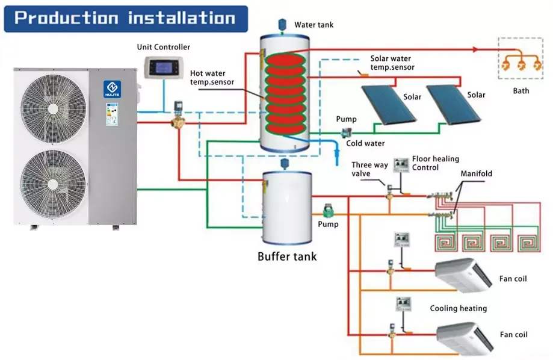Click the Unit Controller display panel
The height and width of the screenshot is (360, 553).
pyautogui.click(x=164, y=67)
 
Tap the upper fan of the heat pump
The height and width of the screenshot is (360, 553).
pyautogui.click(x=53, y=109)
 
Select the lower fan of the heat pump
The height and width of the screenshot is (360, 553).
pyautogui.click(x=53, y=184)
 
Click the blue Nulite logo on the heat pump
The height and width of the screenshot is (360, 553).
pyautogui.click(x=112, y=89)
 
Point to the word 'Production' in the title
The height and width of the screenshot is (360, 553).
pyautogui.click(x=66, y=18)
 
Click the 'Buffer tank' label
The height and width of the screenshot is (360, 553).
pyautogui.click(x=287, y=256)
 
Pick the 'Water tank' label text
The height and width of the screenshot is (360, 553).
pyautogui.click(x=314, y=25)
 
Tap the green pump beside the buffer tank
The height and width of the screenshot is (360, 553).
pyautogui.click(x=329, y=211)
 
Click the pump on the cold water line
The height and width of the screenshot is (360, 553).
pyautogui.click(x=346, y=132)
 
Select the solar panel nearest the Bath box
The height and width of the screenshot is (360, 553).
pyautogui.click(x=453, y=105)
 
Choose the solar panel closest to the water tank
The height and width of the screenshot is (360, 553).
pyautogui.click(x=389, y=105)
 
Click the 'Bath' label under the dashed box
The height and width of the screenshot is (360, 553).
pyautogui.click(x=521, y=91)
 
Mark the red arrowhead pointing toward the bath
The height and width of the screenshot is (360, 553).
pyautogui.click(x=476, y=50)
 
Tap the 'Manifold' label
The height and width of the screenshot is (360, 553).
pyautogui.click(x=476, y=173)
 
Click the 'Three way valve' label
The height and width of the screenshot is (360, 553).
pyautogui.click(x=369, y=169)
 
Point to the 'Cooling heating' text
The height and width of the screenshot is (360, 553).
pyautogui.click(x=458, y=308)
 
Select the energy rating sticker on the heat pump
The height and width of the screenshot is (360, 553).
pyautogui.click(x=112, y=114)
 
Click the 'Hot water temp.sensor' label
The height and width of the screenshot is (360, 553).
pyautogui.click(x=212, y=78)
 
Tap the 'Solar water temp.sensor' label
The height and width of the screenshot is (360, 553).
pyautogui.click(x=392, y=63)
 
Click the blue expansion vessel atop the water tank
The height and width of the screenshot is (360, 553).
pyautogui.click(x=282, y=25)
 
